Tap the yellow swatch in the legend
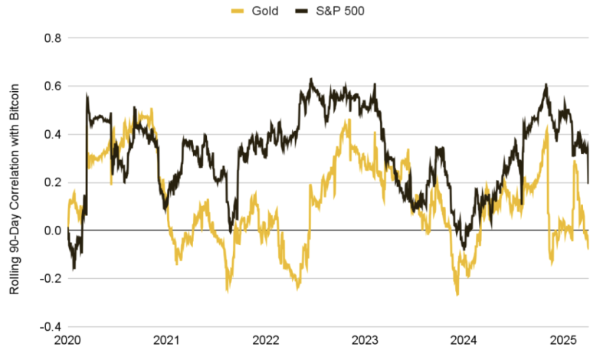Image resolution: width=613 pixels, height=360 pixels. [237, 11]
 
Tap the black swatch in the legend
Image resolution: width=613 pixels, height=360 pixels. [305, 11]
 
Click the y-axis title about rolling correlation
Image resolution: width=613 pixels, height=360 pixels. [16, 182]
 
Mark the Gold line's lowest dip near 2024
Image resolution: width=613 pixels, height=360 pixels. [457, 294]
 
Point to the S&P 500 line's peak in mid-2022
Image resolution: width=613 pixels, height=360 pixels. [310, 79]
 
